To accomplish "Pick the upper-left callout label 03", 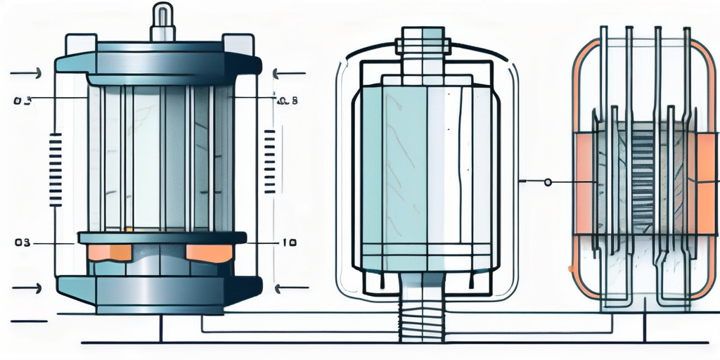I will pyautogui.click(x=22, y=101).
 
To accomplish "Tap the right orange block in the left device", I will pyautogui.click(x=209, y=252).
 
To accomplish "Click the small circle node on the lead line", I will pyautogui.click(x=548, y=182).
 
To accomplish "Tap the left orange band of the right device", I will pyautogui.click(x=583, y=183).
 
